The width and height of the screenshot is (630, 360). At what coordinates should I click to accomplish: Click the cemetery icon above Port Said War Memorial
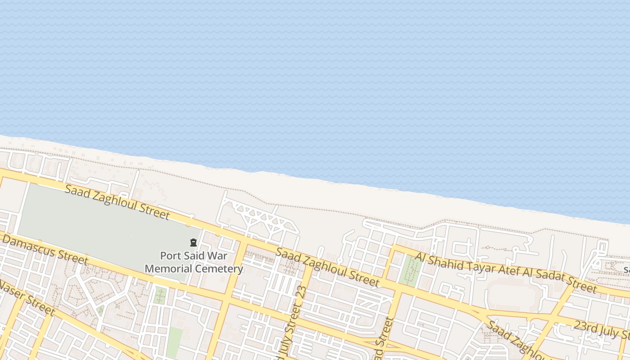pyautogui.click(x=193, y=243)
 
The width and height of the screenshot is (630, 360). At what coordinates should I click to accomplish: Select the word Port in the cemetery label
pyautogui.click(x=170, y=256)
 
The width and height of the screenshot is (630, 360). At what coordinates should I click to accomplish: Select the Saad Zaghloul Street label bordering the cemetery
pyautogui.click(x=117, y=202)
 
